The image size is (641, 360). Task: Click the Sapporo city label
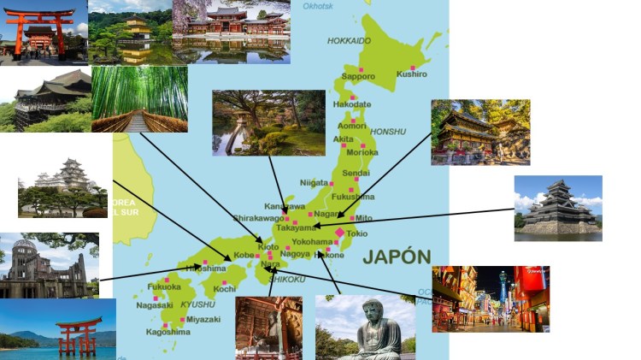(x=359, y=77)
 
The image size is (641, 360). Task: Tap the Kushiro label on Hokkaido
(x=412, y=75)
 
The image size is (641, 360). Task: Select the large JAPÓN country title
(x=397, y=257)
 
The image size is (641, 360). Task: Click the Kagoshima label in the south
(x=167, y=331)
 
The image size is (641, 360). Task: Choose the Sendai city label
(x=356, y=174)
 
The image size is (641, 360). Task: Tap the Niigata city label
(x=314, y=183)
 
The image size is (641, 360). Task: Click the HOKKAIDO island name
(x=349, y=41)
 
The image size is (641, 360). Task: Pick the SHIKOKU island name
(x=287, y=279)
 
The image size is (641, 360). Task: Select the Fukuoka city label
(x=164, y=287)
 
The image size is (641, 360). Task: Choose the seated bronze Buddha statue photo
(x=365, y=328)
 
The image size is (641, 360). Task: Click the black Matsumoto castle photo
(x=558, y=208)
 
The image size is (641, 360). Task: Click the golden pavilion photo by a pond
(x=130, y=32)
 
